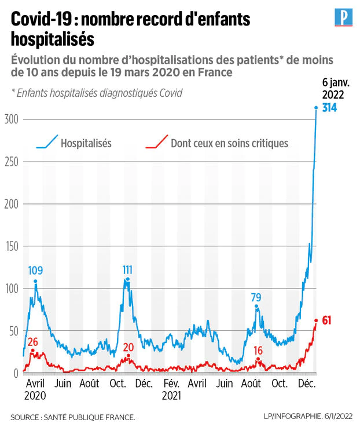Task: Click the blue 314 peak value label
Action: (x=330, y=108)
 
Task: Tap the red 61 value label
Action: (x=326, y=320)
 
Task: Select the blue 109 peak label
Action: (x=35, y=270)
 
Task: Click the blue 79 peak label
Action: (x=256, y=297)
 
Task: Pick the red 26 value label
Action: (x=33, y=341)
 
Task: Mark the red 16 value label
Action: (x=259, y=350)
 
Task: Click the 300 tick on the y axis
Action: (x=11, y=119)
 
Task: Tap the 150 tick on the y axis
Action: (x=11, y=246)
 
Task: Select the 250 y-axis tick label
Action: (x=11, y=162)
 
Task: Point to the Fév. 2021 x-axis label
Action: (x=171, y=389)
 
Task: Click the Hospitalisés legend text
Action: (x=86, y=143)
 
